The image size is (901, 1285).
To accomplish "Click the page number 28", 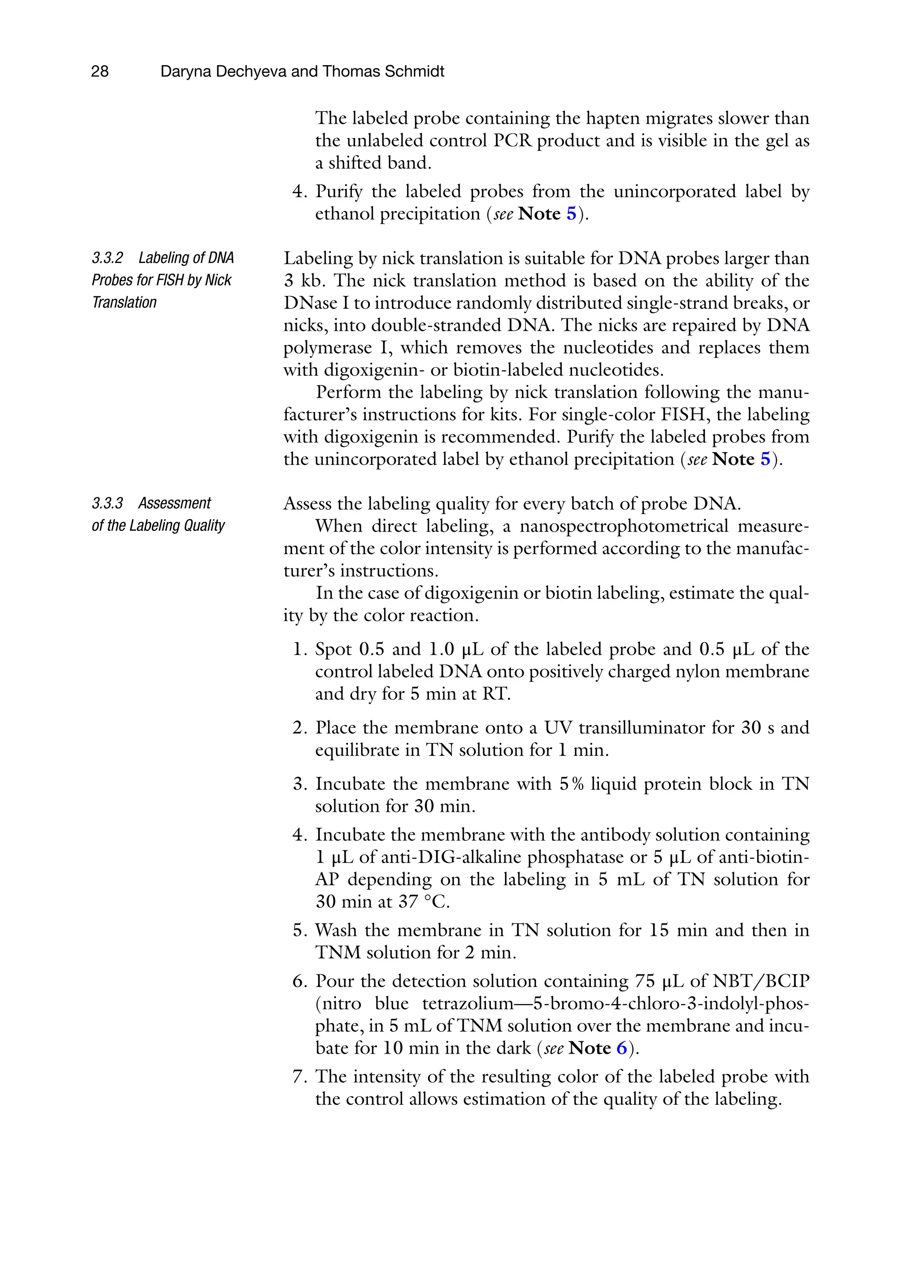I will point(100,72).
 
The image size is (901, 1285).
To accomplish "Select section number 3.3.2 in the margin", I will point(107,258).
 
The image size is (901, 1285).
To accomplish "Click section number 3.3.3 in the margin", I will point(107,503).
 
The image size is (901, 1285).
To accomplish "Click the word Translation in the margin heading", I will point(125,303).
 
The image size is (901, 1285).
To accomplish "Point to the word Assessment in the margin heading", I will point(175,503).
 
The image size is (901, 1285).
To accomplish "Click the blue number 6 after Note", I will point(622,1048).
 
